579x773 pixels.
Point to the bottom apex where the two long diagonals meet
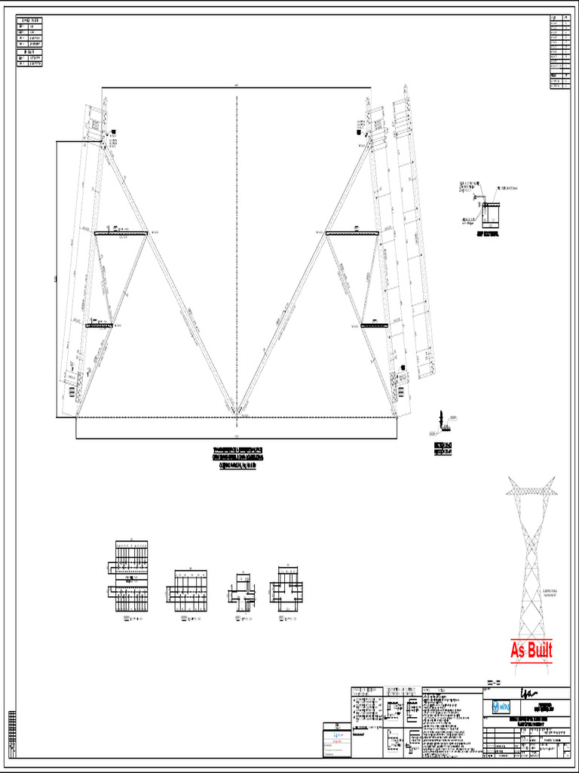pyautogui.click(x=237, y=414)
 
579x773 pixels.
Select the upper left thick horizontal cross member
pyautogui.click(x=121, y=233)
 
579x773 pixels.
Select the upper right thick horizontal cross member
pyautogui.click(x=351, y=233)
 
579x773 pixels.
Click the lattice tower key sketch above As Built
pyautogui.click(x=532, y=559)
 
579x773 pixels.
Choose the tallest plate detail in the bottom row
pyautogui.click(x=132, y=576)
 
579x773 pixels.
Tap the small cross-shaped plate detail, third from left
pyautogui.click(x=241, y=591)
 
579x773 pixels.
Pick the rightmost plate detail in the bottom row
pyautogui.click(x=286, y=587)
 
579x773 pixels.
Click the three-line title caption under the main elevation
pyautogui.click(x=237, y=458)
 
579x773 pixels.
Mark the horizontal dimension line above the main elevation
pyautogui.click(x=236, y=88)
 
